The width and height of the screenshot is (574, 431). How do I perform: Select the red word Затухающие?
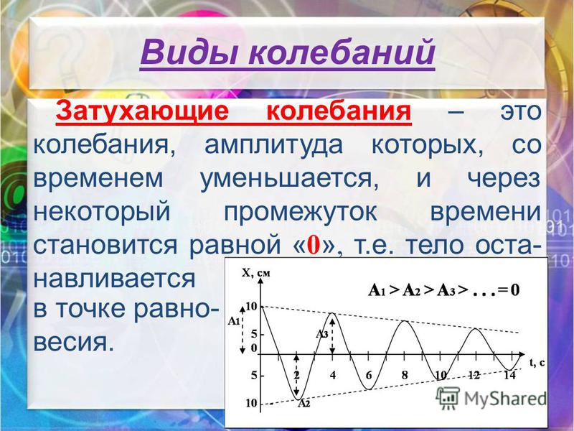tap(142, 111)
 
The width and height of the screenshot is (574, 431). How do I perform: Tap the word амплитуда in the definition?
tap(273, 146)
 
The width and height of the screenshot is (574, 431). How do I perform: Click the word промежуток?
tap(300, 213)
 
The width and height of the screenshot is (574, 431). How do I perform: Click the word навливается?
tap(115, 279)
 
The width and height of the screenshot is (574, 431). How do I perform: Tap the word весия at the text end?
tap(74, 343)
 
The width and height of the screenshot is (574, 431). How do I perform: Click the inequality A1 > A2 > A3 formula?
tap(443, 290)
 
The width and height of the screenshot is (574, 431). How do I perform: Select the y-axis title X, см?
tap(256, 273)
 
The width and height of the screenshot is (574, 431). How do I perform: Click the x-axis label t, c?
tap(537, 363)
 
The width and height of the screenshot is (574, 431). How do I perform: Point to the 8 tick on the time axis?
tap(405, 375)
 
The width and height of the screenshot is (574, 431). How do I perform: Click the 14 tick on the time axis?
tap(509, 375)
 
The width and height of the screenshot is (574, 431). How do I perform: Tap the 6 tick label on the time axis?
tap(369, 375)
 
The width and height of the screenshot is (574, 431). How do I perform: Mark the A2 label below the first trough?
tap(304, 404)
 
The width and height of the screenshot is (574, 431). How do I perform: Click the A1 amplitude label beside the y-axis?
tap(234, 321)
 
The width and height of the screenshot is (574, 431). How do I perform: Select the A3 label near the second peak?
tap(321, 334)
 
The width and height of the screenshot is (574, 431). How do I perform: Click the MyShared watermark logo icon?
tap(447, 397)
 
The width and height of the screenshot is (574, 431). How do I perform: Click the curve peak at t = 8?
tap(404, 321)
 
